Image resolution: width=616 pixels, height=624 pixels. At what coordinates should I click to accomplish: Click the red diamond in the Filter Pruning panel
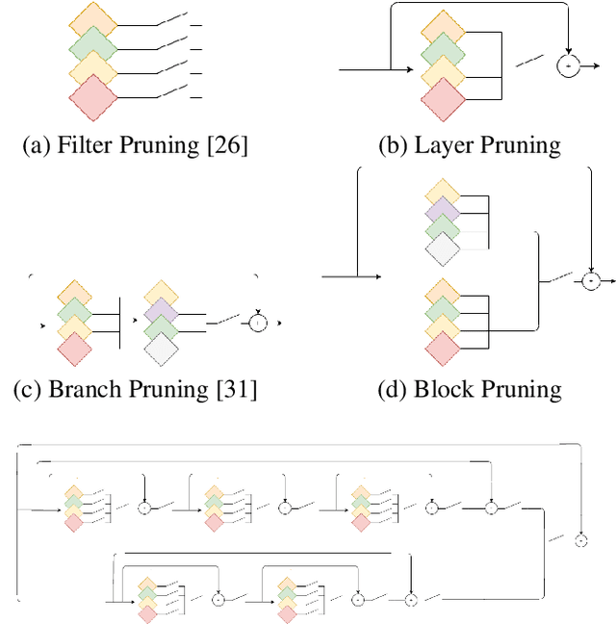pos(93,97)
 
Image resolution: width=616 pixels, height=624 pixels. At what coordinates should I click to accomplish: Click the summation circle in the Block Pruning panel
pos(590,280)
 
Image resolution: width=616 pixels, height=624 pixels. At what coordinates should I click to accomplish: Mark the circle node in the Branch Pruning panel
pos(257,323)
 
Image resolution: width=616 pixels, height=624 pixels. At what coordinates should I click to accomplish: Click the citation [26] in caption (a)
pos(229,146)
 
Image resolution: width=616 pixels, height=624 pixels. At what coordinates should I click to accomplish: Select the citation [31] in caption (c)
pos(239,390)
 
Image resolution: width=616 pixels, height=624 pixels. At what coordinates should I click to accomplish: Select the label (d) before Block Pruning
pos(393,390)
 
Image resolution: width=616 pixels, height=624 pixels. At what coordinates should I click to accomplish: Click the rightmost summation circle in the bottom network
pos(581,540)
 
